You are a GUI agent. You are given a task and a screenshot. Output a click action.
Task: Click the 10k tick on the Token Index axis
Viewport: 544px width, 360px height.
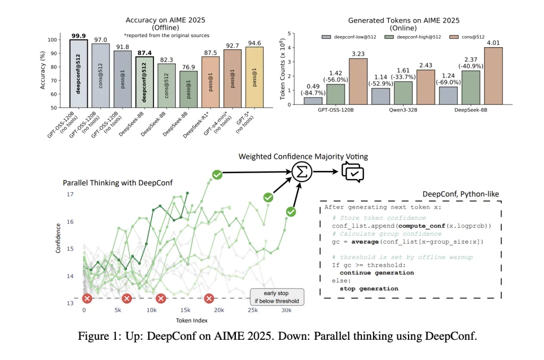pyautogui.click(x=151, y=310)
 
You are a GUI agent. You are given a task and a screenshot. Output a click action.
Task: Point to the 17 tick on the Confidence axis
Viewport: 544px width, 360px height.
pyautogui.click(x=71, y=194)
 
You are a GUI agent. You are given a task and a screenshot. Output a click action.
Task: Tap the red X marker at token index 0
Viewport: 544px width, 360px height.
pyautogui.click(x=87, y=299)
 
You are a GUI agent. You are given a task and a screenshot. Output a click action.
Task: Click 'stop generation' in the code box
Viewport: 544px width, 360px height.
pyautogui.click(x=369, y=288)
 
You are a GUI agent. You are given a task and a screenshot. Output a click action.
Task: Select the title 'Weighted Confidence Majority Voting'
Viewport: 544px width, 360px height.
pyautogui.click(x=303, y=157)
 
